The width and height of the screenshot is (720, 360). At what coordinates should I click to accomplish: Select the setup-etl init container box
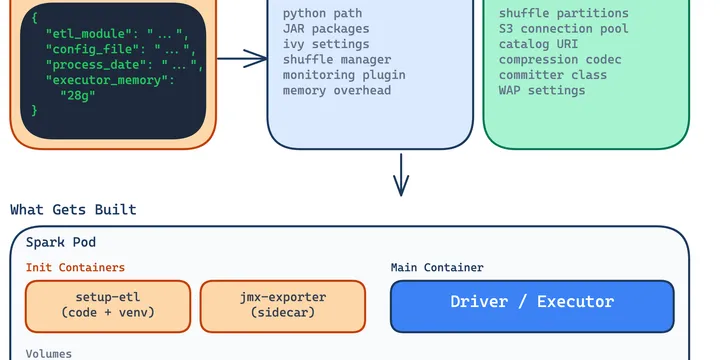tap(107, 305)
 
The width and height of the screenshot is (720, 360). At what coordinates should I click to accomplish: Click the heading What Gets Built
tap(73, 210)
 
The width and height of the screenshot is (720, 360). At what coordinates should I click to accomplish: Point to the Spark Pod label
tap(61, 243)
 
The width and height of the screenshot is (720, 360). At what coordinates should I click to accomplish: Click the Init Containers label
tap(75, 268)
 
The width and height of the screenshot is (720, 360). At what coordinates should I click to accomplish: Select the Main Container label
tap(436, 268)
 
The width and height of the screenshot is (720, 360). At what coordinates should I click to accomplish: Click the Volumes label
tap(48, 353)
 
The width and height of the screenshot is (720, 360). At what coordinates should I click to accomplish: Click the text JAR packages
tap(326, 29)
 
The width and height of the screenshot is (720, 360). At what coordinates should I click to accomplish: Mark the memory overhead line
tap(337, 91)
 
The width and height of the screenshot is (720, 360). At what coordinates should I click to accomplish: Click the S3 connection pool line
tap(564, 29)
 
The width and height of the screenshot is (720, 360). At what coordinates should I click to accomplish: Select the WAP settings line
tap(542, 91)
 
